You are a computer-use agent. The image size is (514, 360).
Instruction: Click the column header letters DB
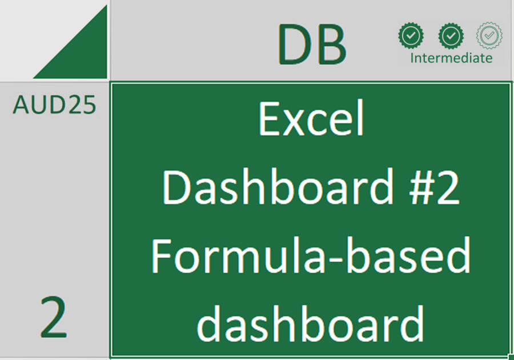coord(312,45)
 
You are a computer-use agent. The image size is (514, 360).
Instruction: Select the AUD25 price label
coord(54,105)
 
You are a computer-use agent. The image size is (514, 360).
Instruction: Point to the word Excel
coord(311,119)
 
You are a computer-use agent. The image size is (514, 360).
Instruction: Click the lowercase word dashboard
coord(311,323)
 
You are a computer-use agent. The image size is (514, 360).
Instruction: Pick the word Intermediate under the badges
coord(451,58)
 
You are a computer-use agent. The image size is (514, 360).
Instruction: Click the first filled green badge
coord(411,36)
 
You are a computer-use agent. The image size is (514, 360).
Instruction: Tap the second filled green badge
coord(451,36)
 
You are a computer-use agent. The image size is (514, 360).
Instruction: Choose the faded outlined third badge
coord(489,36)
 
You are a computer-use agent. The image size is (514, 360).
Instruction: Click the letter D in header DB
coord(292,45)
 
